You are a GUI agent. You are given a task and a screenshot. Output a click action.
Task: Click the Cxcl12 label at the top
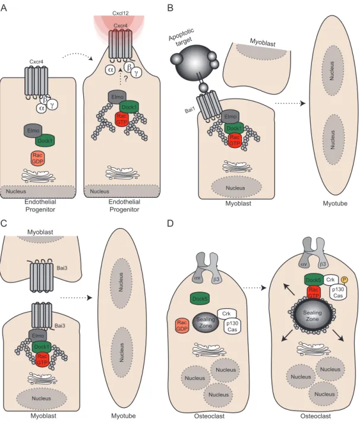120,12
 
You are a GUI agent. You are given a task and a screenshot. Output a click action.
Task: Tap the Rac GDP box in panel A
37,158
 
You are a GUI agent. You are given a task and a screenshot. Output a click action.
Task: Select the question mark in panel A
125,79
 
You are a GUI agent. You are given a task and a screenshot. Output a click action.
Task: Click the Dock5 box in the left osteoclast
200,299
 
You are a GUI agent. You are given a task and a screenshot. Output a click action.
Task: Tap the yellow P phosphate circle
345,279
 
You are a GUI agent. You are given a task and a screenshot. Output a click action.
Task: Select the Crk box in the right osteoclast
330,280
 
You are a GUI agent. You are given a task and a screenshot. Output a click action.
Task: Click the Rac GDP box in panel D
182,325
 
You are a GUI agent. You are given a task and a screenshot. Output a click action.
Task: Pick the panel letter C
4,223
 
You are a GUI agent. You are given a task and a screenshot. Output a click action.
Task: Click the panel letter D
170,223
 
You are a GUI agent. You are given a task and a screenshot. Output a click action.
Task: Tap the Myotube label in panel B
335,203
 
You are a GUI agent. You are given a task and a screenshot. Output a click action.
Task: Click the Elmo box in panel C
38,336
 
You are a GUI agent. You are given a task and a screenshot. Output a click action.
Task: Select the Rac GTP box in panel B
235,140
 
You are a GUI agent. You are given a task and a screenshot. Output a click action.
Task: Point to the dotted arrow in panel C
76,298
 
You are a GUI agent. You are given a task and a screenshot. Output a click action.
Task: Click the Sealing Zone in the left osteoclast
206,322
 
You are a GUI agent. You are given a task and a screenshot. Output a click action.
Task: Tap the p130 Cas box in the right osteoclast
338,292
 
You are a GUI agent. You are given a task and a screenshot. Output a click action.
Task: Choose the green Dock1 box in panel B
234,128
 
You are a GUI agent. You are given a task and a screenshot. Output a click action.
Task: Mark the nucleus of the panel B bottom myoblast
236,188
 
